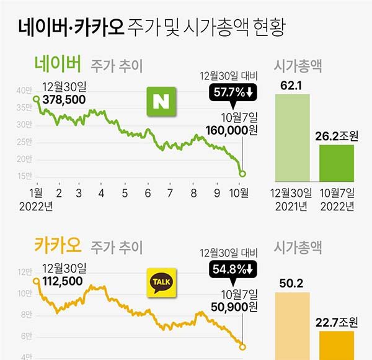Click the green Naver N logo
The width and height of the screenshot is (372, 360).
pyautogui.click(x=161, y=101)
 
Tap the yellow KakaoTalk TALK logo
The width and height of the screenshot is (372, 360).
pyautogui.click(x=161, y=282)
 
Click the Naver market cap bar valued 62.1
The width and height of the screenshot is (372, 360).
pyautogui.click(x=294, y=139)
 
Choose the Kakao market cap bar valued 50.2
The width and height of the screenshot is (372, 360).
pyautogui.click(x=294, y=325)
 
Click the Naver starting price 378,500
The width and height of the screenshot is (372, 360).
pyautogui.click(x=64, y=99)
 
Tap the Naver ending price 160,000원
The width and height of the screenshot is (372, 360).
pyautogui.click(x=231, y=130)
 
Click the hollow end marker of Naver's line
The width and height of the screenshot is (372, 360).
pyautogui.click(x=242, y=174)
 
